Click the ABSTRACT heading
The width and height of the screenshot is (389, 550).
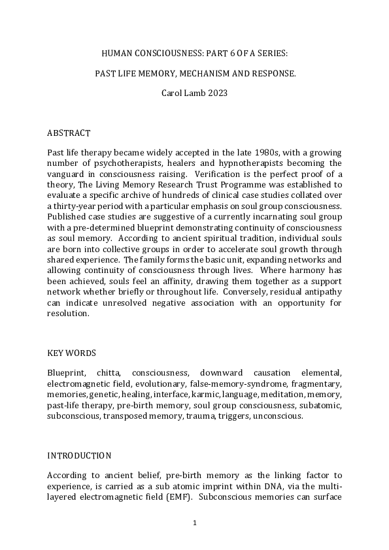pos(69,133)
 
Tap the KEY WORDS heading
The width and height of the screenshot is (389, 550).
pos(72,353)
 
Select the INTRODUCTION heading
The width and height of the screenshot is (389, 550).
pos(79,455)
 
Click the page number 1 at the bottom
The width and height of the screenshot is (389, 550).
pos(194,523)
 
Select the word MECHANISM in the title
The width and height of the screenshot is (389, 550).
pos(197,73)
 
